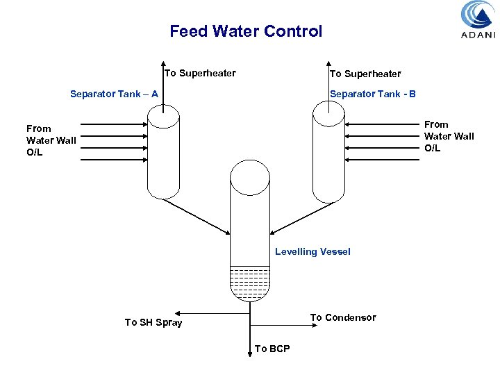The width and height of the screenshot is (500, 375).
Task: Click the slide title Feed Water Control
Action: (x=246, y=31)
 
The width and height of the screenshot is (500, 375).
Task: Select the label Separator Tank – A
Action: (x=114, y=94)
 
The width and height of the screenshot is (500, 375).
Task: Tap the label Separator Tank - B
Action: (x=373, y=94)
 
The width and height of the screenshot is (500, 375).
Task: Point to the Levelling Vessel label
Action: (x=312, y=251)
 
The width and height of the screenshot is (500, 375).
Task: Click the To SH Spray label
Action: (x=153, y=322)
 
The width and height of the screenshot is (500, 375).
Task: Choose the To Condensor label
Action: (x=343, y=317)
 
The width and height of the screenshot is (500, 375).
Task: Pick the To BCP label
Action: (x=272, y=349)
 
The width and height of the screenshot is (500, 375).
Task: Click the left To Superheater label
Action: (x=200, y=74)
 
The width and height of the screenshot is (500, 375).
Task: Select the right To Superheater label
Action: (x=365, y=74)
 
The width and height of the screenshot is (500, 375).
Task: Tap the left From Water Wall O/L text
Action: (x=51, y=140)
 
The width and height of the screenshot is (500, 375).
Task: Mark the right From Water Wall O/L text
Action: (x=449, y=136)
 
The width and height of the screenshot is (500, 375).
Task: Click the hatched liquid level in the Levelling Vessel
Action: (x=249, y=282)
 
